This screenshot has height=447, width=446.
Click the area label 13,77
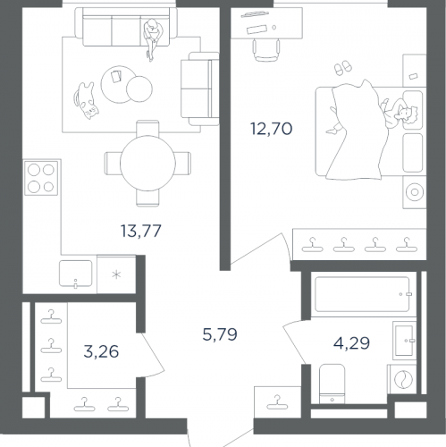(141, 231)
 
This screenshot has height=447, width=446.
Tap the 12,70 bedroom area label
(272, 129)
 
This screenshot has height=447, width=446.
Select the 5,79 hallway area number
(220, 334)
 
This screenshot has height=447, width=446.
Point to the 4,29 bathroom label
(351, 342)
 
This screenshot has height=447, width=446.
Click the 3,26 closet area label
(101, 351)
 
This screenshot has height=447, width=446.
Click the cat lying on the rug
(86, 100)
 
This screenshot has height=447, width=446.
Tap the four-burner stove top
(41, 178)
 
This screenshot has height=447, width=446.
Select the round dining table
(147, 164)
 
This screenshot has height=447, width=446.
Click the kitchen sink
(76, 274)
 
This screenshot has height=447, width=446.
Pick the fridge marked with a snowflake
(116, 274)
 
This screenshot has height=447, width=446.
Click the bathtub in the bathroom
(362, 294)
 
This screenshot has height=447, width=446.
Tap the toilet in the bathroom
(332, 384)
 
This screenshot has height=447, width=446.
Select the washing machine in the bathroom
(403, 379)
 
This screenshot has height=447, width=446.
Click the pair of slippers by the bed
(343, 68)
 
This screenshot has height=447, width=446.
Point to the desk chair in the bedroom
(266, 49)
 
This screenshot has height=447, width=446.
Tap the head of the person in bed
(408, 115)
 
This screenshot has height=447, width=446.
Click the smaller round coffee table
(139, 89)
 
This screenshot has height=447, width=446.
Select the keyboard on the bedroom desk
(257, 30)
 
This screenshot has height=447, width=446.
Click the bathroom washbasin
(405, 341)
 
